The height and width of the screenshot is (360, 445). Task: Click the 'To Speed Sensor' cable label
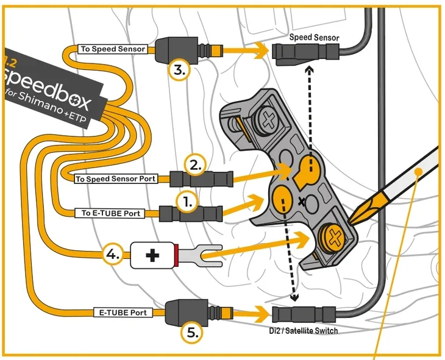pyautogui.click(x=113, y=49)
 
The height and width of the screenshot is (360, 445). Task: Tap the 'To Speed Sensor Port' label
pyautogui.click(x=116, y=179)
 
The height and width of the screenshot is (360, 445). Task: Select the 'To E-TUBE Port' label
pyautogui.click(x=110, y=213)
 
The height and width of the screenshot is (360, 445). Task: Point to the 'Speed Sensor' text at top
pyautogui.click(x=314, y=38)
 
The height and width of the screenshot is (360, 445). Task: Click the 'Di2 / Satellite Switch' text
pyautogui.click(x=304, y=331)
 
